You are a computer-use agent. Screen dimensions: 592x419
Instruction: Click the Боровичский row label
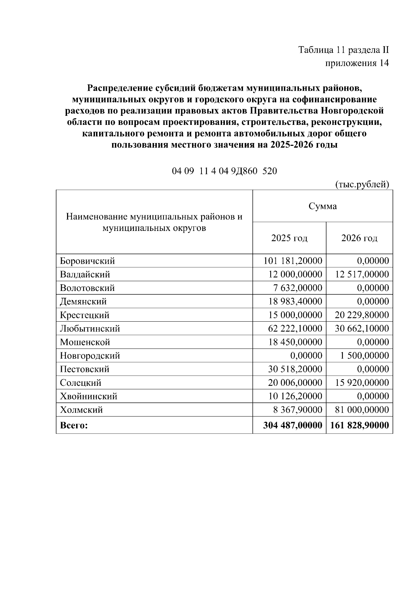pos(87,261)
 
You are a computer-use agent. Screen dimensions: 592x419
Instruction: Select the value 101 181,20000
pos(293,261)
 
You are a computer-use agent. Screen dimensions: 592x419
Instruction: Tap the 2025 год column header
pos(289,238)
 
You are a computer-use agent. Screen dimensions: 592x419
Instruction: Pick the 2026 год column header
pos(359,238)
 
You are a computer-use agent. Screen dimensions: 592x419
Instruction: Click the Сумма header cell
pos(323,206)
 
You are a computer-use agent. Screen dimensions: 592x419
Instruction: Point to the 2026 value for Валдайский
pos(362,275)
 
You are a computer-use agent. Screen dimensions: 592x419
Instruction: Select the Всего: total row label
pos(74,426)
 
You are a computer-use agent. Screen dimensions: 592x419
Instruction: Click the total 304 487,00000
pos(293,426)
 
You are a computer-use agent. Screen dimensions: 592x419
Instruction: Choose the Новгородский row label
pos(90,356)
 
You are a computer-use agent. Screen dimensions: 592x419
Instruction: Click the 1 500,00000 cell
pos(365,356)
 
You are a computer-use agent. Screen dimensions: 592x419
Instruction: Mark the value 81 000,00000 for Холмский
pos(362,410)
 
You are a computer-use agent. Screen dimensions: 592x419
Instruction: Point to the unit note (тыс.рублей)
pos(362,184)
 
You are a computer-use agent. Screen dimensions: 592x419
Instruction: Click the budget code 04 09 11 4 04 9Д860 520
pos(224,171)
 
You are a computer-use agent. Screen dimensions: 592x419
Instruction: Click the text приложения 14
pos(357,63)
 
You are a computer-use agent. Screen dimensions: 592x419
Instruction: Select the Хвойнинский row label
pos(89,396)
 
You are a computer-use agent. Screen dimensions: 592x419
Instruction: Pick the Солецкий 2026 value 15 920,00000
pos(362,383)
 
